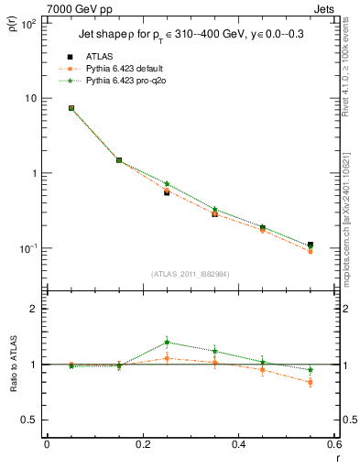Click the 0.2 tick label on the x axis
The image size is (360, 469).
[142, 445]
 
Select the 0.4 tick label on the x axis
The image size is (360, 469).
[238, 445]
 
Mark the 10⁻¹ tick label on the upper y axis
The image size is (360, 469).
[27, 248]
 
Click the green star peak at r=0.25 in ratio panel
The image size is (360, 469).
[167, 342]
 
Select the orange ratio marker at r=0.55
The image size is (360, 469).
[311, 382]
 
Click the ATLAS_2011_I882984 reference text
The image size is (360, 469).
[191, 274]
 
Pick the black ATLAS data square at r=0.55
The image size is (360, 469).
[311, 245]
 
